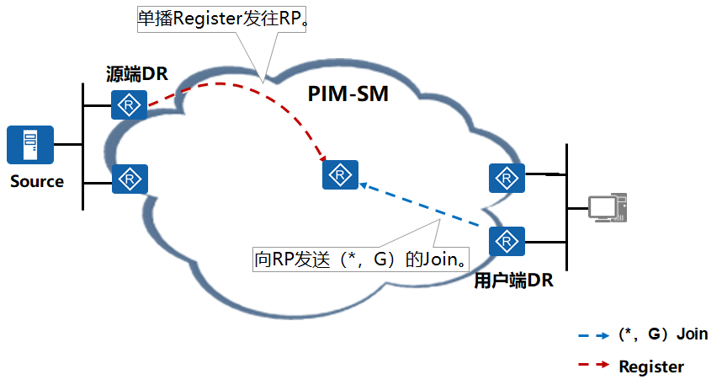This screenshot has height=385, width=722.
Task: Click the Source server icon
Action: point(30,144)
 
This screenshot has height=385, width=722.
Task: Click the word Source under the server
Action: point(37,182)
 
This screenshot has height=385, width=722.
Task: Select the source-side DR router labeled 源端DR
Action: point(129,104)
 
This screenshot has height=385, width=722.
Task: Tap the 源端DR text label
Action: point(137,74)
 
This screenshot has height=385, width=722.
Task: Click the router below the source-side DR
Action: point(130,179)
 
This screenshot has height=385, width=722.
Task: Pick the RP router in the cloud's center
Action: point(340,174)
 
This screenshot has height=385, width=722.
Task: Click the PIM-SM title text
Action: point(348,94)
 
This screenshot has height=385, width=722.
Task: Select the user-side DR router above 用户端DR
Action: point(507,241)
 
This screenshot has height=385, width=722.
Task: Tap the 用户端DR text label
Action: point(514,281)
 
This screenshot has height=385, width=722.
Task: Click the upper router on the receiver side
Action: point(507,178)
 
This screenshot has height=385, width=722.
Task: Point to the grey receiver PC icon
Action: point(608,207)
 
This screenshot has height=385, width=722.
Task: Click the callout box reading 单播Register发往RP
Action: point(221,19)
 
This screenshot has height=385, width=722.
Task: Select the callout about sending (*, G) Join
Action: point(361,259)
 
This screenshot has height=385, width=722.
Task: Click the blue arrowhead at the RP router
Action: point(364,185)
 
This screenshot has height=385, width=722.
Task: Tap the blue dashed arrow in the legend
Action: point(594,335)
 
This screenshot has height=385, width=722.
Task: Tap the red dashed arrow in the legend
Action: point(594,365)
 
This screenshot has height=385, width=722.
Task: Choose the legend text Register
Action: point(651,367)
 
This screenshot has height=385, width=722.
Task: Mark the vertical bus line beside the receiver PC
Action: point(566,207)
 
